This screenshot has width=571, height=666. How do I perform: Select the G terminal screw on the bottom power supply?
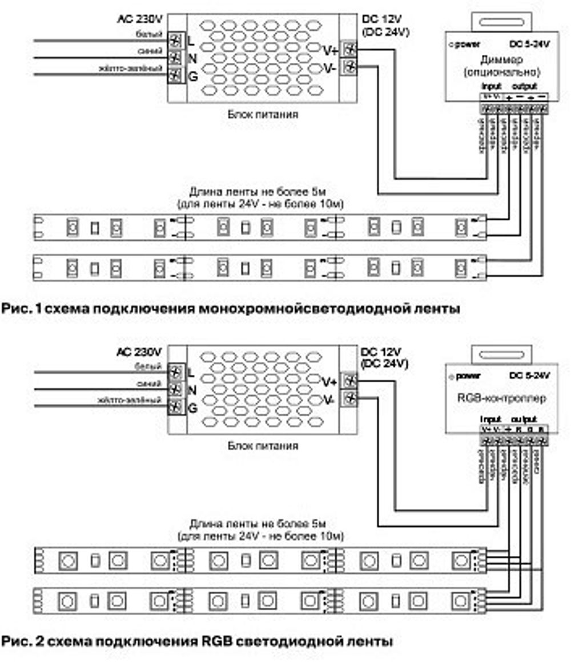[x=176, y=407]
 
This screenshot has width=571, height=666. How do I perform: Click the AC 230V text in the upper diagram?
[x=140, y=18]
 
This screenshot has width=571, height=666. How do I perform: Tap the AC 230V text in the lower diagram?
[x=140, y=350]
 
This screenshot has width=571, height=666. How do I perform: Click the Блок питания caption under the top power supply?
[x=263, y=114]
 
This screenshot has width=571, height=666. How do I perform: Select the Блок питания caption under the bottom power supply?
[x=263, y=446]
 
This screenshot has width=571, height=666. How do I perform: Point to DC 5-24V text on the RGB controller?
[x=529, y=376]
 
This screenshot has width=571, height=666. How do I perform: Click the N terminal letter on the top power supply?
[x=192, y=57]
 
